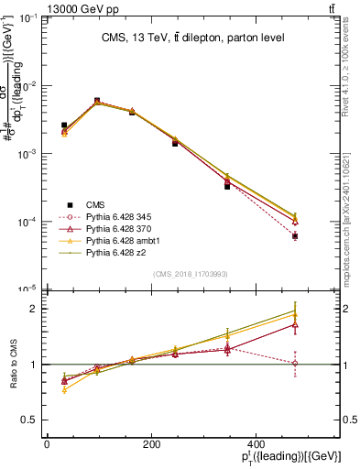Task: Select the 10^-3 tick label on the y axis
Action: [29, 154]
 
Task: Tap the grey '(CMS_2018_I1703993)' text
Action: [191, 274]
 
